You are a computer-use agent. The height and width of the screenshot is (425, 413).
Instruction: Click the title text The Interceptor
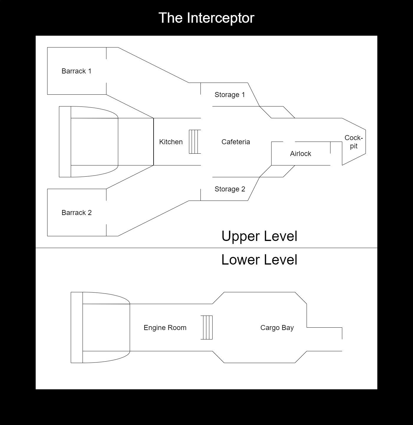(206, 18)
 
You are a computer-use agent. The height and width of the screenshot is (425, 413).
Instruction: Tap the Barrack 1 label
(76, 71)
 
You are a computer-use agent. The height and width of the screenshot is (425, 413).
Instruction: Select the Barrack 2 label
(76, 213)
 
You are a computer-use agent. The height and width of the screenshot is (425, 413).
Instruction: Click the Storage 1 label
(230, 95)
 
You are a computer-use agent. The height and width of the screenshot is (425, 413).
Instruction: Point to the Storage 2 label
(230, 189)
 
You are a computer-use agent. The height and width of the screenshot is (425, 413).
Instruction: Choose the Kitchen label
(171, 142)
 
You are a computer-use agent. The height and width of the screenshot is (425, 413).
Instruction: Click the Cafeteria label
(236, 142)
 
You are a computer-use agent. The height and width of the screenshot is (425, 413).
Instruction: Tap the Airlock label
(300, 154)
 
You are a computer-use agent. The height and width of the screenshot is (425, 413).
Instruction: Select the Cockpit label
(353, 142)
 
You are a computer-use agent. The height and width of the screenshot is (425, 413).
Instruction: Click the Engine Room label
(165, 328)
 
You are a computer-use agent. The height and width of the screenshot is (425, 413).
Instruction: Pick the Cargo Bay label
(277, 328)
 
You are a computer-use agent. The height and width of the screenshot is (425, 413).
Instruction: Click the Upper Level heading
(259, 236)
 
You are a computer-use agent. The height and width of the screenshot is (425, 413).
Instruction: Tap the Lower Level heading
(259, 260)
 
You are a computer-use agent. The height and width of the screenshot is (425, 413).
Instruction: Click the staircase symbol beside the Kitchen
(195, 142)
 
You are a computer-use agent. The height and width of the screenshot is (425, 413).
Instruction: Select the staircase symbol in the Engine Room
(206, 327)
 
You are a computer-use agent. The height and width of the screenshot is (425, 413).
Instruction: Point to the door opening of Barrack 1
(106, 71)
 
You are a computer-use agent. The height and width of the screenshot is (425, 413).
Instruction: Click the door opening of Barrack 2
(106, 212)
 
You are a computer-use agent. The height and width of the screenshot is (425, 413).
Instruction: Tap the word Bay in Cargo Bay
(288, 328)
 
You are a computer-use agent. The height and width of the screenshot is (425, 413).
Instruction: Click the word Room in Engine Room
(177, 328)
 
